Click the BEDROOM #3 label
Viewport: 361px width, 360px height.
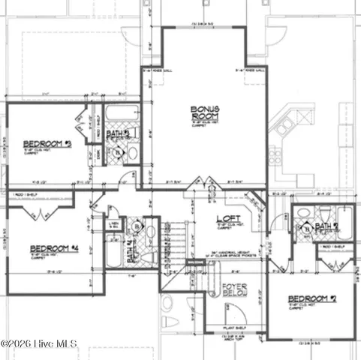[47, 143]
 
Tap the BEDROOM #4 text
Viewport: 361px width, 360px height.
[54, 248]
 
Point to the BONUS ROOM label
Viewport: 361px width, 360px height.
[204, 114]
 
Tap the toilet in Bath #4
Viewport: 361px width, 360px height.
[148, 256]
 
